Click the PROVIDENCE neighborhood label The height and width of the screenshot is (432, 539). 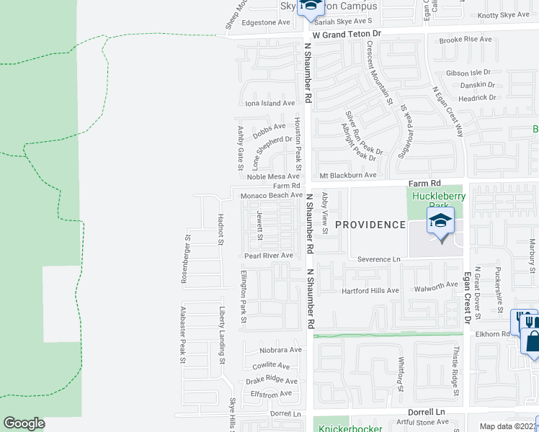pos(370,225)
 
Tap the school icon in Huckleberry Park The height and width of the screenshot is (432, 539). pos(440,220)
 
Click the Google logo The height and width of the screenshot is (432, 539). pos(24,423)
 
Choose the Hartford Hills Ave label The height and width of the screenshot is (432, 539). pos(370,290)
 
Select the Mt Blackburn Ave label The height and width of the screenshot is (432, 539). pos(348,175)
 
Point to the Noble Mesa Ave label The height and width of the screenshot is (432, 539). pos(273,176)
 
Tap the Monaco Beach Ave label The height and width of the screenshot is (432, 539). pos(271,195)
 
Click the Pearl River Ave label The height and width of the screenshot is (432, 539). pos(269,256)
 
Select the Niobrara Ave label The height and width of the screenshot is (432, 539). pos(280,350)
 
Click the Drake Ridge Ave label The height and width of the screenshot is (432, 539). pos(272,380)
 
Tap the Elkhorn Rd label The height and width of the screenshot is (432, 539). pos(491,334)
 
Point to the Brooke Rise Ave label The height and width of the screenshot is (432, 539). pos(465,39)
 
